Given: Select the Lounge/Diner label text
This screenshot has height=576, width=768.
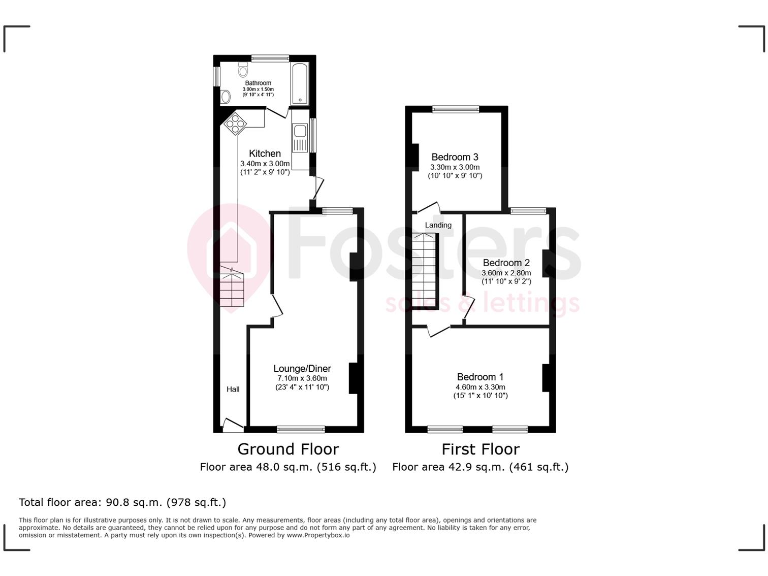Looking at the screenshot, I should coord(302,369).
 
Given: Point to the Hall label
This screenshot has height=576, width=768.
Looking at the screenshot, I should coord(232,389).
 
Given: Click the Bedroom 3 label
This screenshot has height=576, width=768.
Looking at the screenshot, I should coord(455,157).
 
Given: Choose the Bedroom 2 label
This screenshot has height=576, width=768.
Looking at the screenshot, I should coord(505,262).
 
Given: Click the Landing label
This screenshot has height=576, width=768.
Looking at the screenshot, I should coord(438,225).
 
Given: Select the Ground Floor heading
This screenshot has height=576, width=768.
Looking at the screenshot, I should coord(287,449).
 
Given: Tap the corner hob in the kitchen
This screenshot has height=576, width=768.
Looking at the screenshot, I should coord(238,123).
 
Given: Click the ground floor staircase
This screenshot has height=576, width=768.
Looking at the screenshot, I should coord(232,289).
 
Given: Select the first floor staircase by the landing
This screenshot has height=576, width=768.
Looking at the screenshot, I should coord(425,270).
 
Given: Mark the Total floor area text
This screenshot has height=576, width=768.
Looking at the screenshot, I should coord(123,501).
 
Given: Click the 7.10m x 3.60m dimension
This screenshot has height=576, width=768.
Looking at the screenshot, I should coord(302,379).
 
